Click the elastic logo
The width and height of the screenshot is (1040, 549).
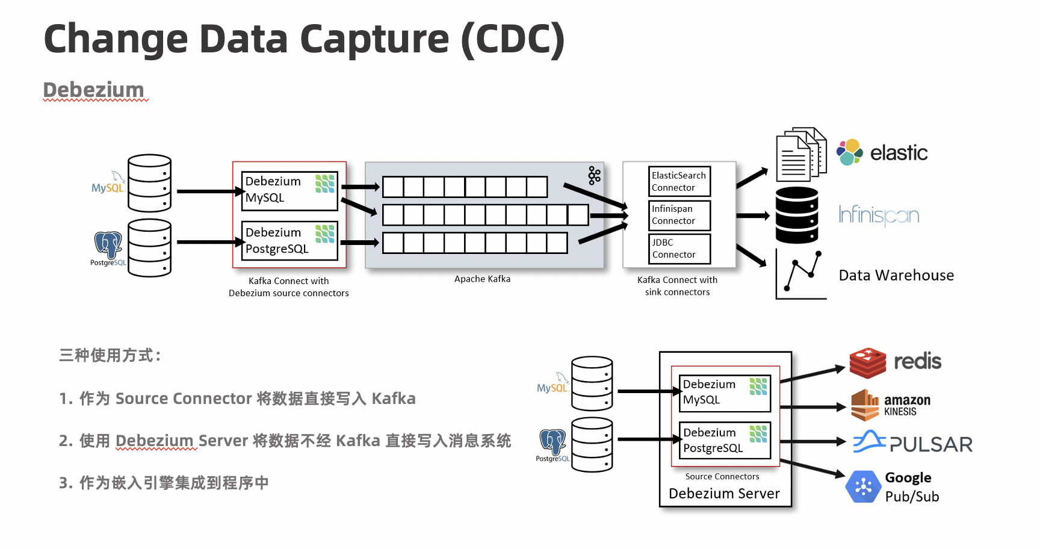[882, 152]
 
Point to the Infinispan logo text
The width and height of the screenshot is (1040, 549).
[879, 215]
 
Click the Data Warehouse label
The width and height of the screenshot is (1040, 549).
[896, 275]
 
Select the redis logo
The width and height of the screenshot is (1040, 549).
[895, 362]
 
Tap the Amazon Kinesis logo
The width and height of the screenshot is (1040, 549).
[891, 405]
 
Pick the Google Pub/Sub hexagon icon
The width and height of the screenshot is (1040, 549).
[864, 486]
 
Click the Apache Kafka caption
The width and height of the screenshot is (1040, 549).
[482, 279]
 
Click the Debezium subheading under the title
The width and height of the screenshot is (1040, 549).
[94, 90]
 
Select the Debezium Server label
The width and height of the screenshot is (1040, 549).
[724, 494]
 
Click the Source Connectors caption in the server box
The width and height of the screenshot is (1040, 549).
[722, 476]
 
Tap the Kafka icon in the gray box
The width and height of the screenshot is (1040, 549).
[595, 175]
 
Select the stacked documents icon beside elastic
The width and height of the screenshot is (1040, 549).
[801, 154]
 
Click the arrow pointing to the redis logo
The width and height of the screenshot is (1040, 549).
[812, 374]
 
